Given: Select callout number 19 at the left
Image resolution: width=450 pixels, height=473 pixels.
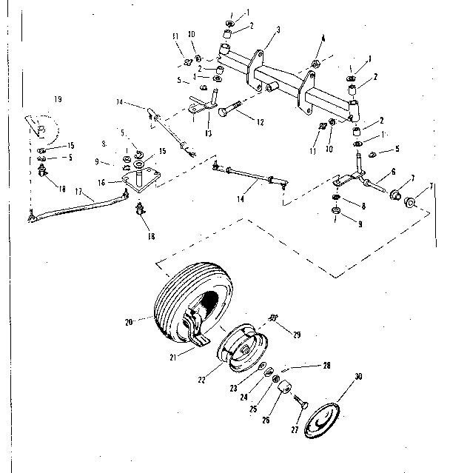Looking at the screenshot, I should point(57,99).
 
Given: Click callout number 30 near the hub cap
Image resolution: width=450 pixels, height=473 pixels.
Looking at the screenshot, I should point(359,377).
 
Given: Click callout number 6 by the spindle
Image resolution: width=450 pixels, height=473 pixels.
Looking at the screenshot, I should point(380,170).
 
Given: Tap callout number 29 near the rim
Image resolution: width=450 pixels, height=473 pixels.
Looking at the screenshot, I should point(297,335).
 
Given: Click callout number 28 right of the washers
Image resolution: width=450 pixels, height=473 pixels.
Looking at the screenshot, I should point(326,365).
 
